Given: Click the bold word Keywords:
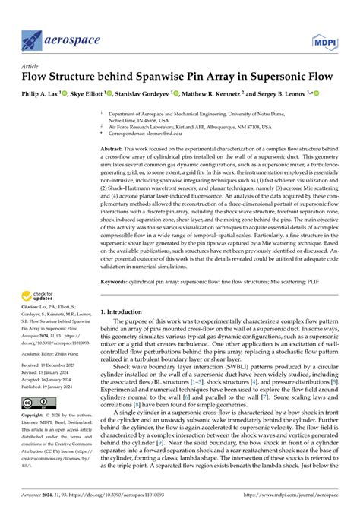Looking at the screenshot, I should pyautogui.click(x=115, y=281).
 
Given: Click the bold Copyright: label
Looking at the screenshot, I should pyautogui.click(x=35, y=439).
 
